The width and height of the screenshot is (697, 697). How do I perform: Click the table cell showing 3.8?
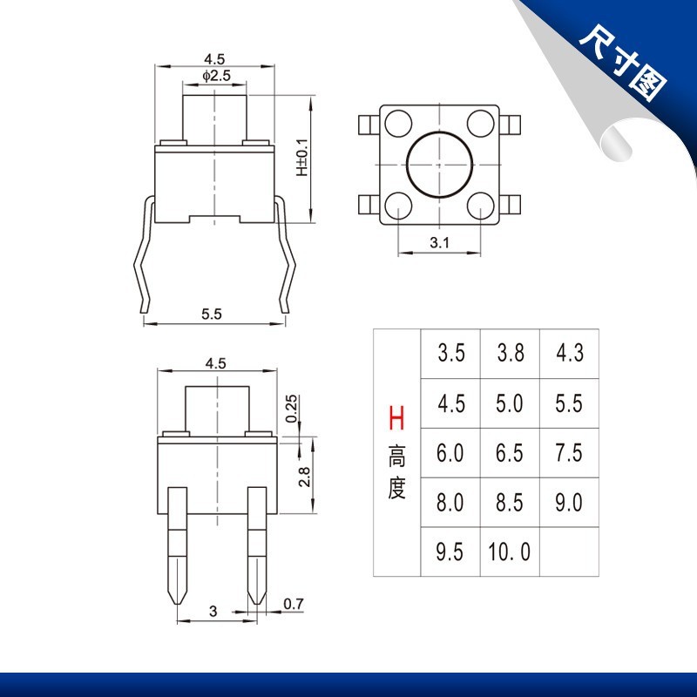point(511,353)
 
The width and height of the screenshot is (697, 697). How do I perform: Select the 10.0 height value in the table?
point(510,552)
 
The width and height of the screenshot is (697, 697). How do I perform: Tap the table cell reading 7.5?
point(569,452)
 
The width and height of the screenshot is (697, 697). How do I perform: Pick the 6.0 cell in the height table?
point(450,452)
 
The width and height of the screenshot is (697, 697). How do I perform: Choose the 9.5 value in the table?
point(450,552)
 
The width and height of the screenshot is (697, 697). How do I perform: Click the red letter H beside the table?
point(396,418)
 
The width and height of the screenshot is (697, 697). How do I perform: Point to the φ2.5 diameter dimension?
point(216,76)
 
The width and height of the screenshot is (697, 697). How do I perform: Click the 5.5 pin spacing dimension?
point(211,314)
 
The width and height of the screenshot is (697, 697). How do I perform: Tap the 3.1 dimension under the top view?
point(439,243)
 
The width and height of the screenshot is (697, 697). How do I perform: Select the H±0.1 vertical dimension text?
point(302,158)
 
